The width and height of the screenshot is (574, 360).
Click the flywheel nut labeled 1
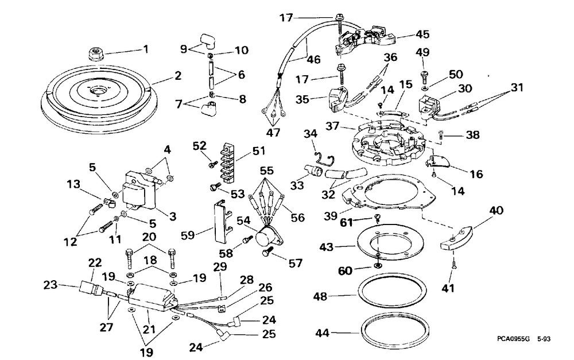96,55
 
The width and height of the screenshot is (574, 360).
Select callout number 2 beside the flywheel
177,76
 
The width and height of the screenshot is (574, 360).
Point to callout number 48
320,296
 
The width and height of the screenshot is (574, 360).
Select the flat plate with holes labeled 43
390,242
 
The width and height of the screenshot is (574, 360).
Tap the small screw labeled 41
453,263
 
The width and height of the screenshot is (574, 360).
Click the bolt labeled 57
267,251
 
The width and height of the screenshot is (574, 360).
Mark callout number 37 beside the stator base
332,126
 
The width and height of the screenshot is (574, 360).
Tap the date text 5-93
544,339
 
